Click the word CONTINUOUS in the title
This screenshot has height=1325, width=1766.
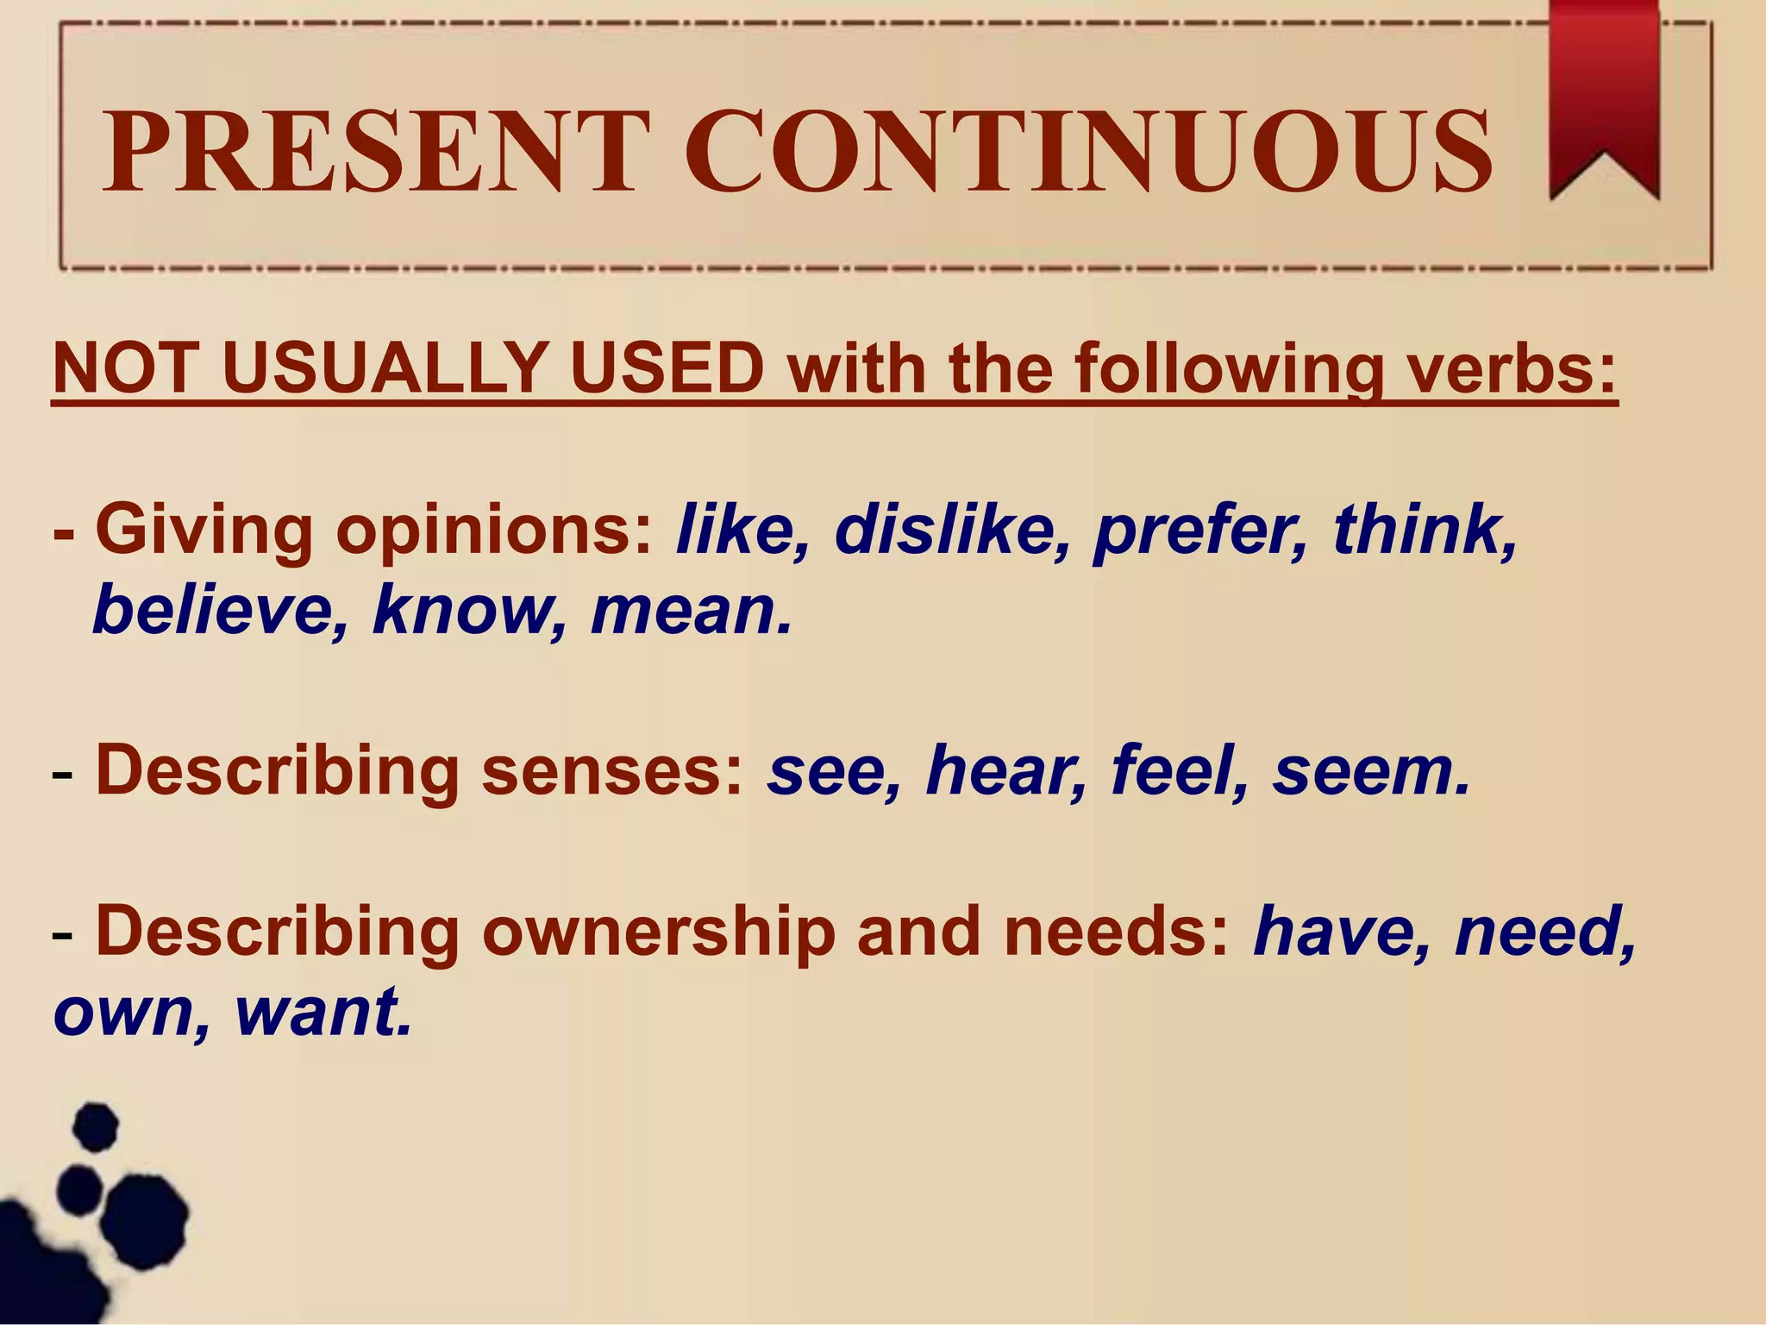point(1088,153)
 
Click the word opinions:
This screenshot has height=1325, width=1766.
point(495,530)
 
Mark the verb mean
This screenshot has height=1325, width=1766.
point(690,611)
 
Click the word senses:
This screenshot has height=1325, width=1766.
point(612,771)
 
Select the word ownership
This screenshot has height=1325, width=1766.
point(660,933)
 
